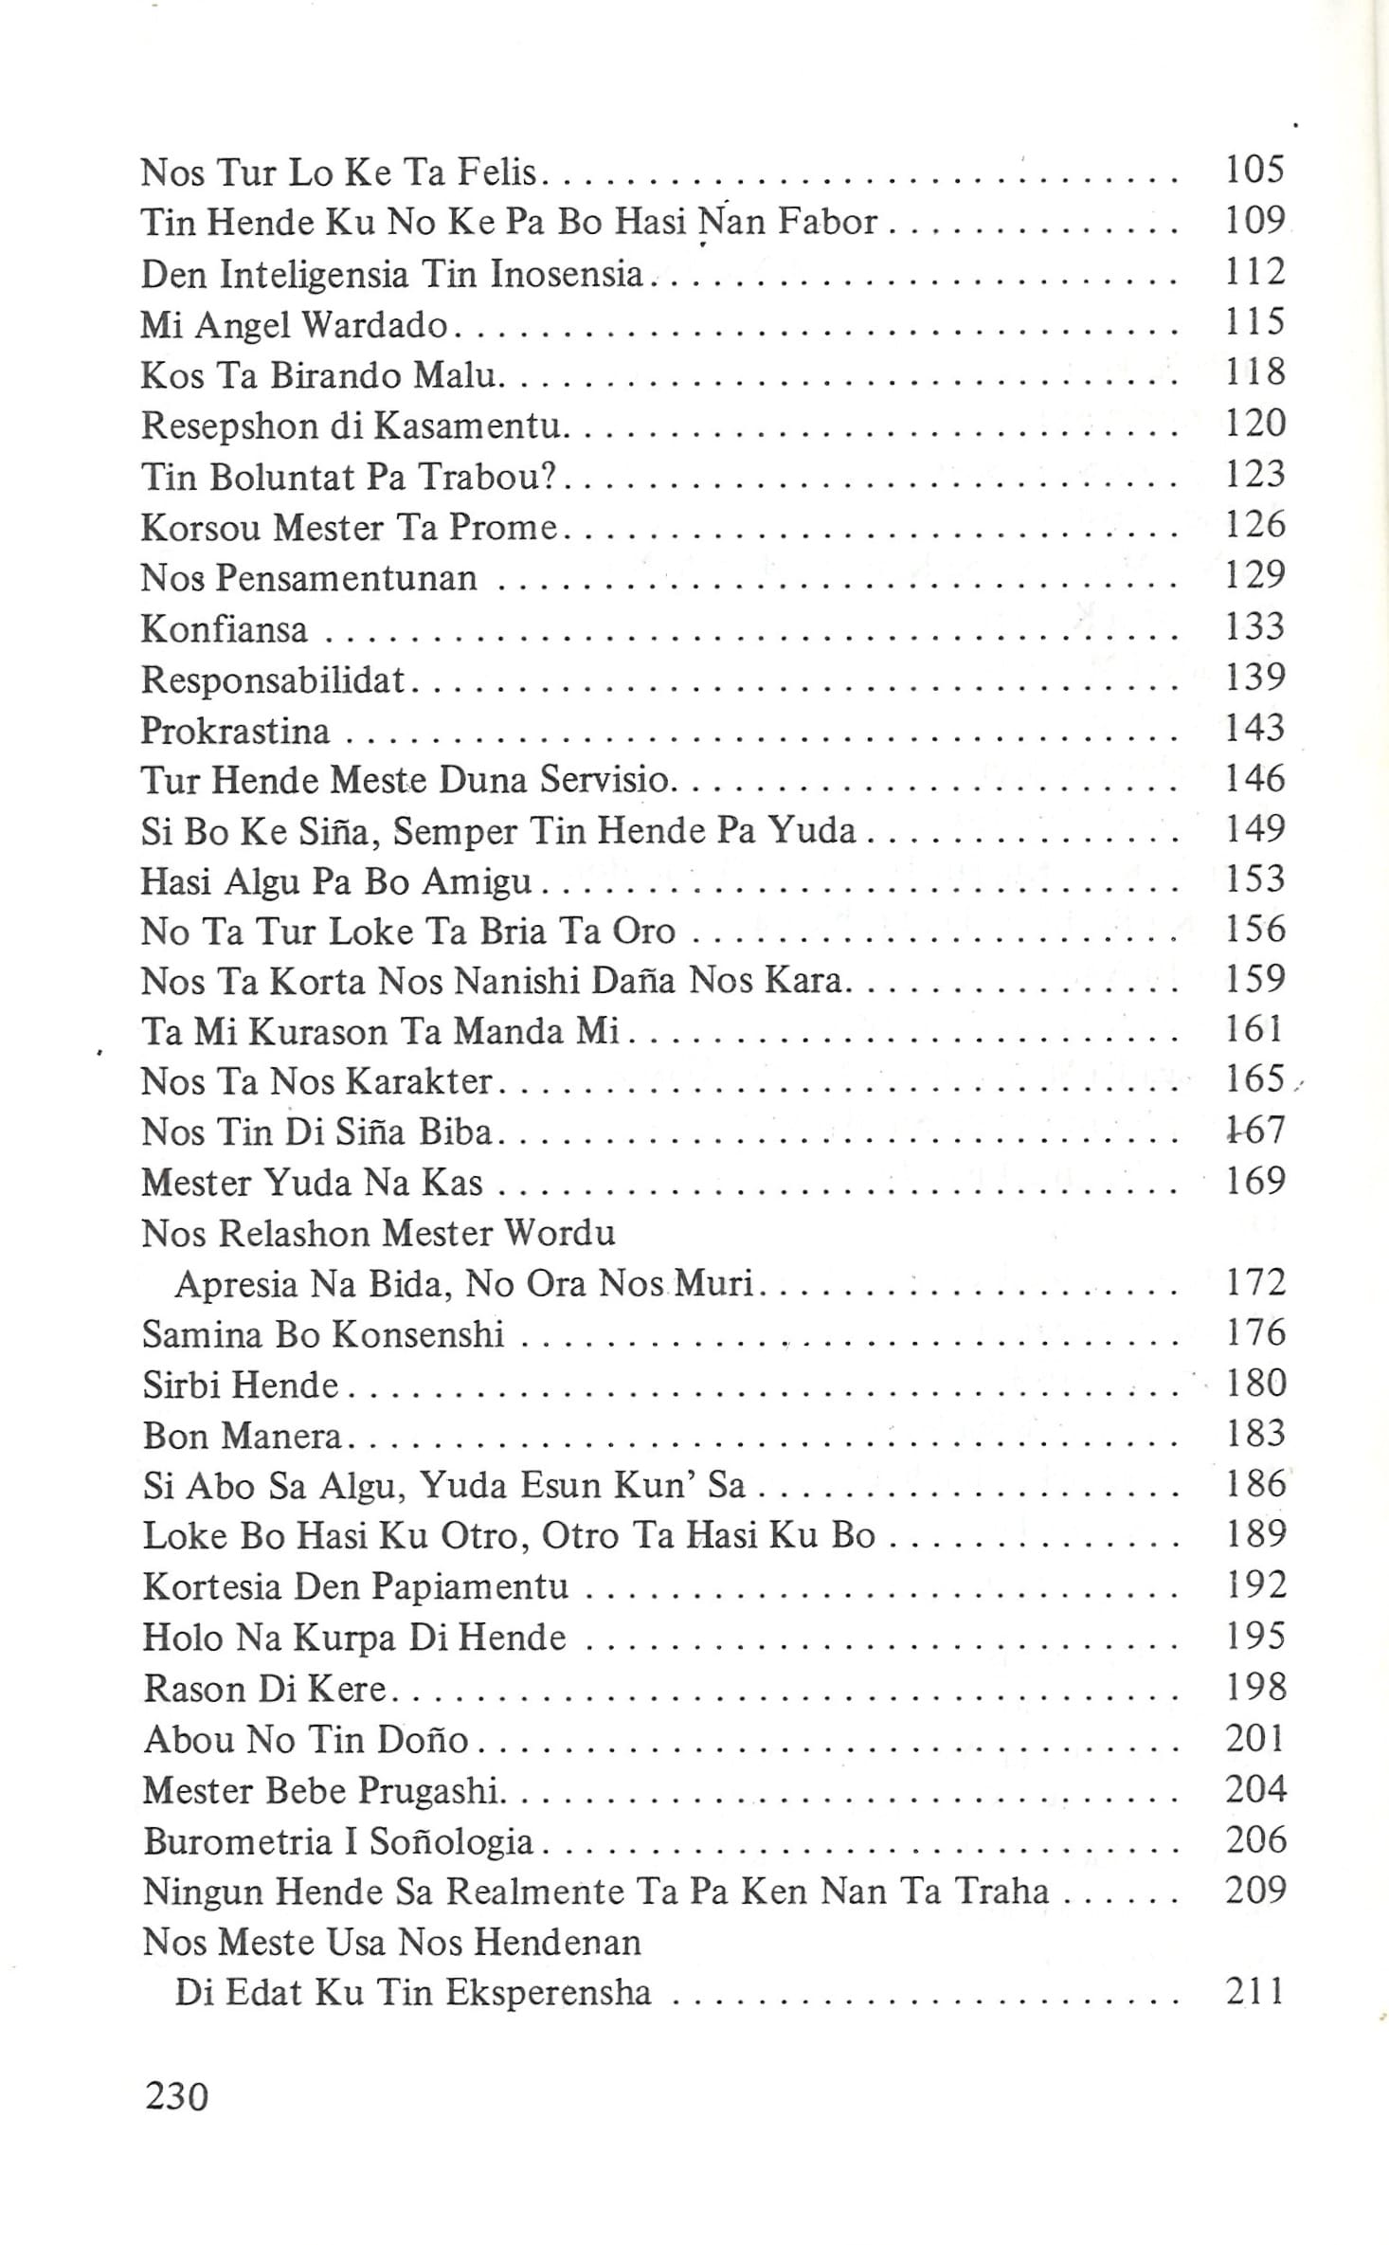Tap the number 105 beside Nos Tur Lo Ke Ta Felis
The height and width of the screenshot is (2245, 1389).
pyautogui.click(x=1254, y=170)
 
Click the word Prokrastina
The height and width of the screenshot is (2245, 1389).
pyautogui.click(x=235, y=731)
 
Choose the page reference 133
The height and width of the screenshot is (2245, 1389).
pyautogui.click(x=1254, y=626)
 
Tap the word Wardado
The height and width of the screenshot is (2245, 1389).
pyautogui.click(x=374, y=325)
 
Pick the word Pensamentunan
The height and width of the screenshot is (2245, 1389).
pyautogui.click(x=347, y=578)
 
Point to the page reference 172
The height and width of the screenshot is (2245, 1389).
pyautogui.click(x=1254, y=1282)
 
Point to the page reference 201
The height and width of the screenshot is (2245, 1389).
pyautogui.click(x=1254, y=1738)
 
